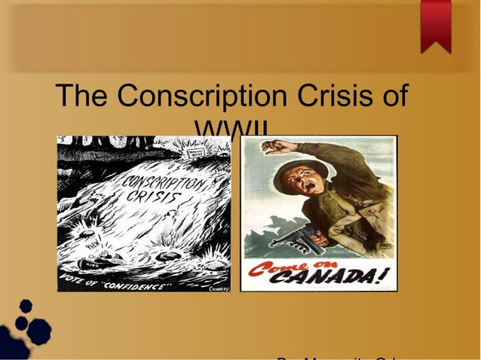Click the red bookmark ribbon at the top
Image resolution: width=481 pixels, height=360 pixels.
436,25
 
